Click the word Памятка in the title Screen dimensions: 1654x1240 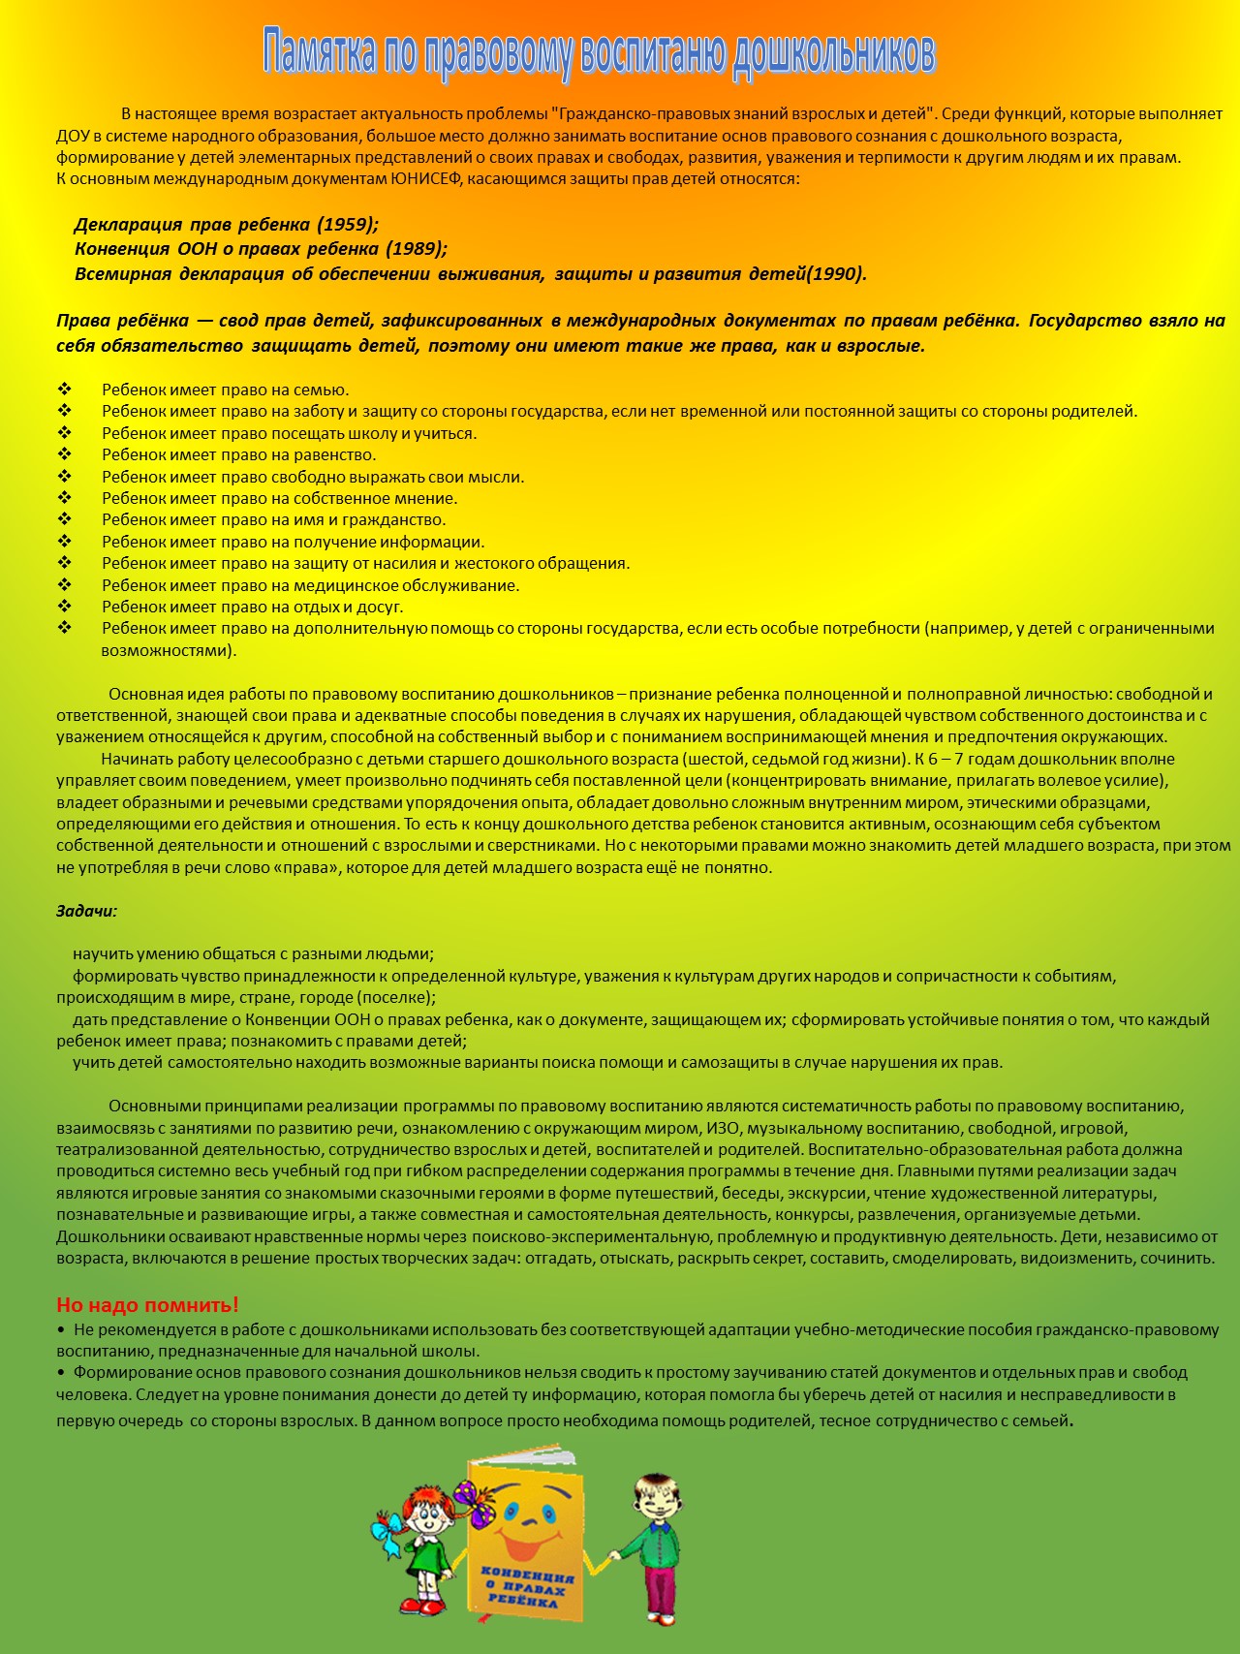pos(320,53)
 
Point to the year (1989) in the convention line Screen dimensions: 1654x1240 pos(417,249)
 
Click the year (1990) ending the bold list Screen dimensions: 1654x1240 pos(836,274)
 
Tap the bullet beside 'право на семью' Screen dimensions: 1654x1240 pos(65,390)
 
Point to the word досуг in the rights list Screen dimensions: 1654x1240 pos(382,608)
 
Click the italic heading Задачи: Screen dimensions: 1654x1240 pos(86,912)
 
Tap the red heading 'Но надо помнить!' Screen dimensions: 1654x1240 pos(147,1305)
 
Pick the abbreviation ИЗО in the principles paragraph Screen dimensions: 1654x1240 pos(722,1128)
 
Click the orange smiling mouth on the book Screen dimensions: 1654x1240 pos(529,1541)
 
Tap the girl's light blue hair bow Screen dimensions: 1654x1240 pos(387,1533)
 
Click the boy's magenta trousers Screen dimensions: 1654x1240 pos(662,1588)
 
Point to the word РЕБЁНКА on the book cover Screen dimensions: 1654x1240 pos(523,1601)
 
